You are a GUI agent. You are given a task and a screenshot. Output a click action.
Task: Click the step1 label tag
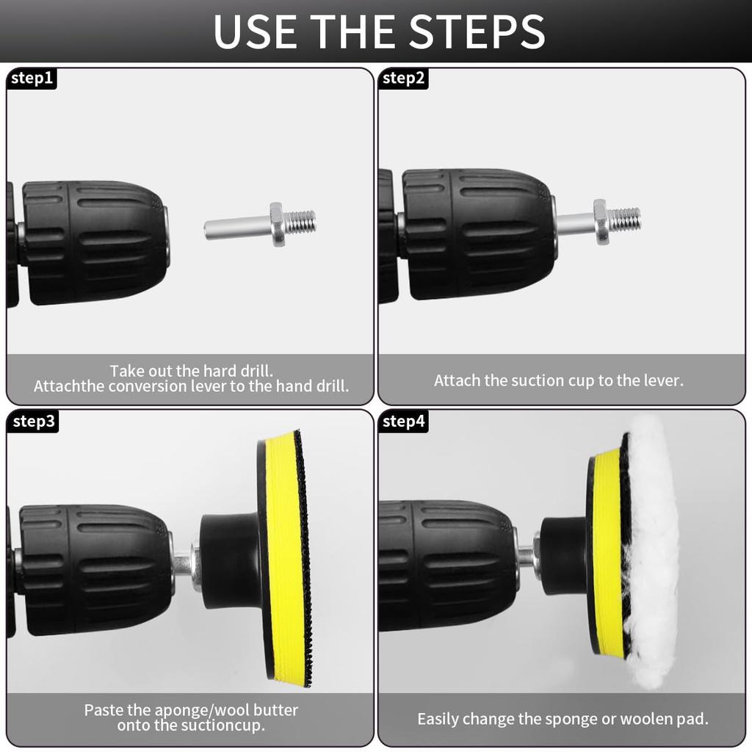point(32,78)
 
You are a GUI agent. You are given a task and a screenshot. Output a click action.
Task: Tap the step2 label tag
point(403,78)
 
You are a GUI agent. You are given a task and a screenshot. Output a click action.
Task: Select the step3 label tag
point(33,421)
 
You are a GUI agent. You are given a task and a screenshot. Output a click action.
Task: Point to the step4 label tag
point(403,421)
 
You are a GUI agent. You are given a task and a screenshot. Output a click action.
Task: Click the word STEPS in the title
point(477,32)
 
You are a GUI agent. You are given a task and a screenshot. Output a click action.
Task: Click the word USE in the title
point(255,32)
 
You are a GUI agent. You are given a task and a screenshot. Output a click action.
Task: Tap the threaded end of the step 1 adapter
point(300,221)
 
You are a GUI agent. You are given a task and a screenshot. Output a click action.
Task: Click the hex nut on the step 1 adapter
point(276,224)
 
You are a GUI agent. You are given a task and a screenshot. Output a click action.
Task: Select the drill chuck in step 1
point(95,242)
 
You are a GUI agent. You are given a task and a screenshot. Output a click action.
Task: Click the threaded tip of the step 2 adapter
point(624,218)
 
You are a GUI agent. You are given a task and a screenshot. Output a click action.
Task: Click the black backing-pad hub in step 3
point(230,560)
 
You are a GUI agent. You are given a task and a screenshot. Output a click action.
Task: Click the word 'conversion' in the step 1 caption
point(148,386)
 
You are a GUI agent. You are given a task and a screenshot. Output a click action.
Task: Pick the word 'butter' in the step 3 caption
point(275,710)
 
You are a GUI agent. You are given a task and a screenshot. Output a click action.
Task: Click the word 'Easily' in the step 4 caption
point(438,720)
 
